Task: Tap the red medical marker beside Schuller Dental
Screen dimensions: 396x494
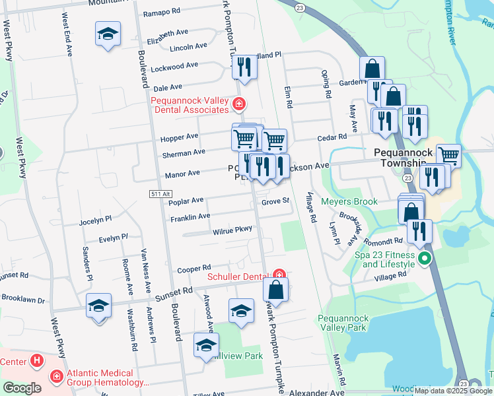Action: click(279, 275)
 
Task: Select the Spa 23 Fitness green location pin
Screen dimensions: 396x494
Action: click(425, 259)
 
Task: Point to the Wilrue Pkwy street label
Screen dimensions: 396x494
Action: click(232, 230)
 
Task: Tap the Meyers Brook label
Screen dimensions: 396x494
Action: click(349, 201)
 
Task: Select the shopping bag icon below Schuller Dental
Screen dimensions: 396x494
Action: click(276, 289)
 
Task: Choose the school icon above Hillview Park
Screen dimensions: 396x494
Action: click(241, 310)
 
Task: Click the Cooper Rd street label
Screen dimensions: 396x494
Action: click(194, 269)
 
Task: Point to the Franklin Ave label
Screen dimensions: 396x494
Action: click(190, 216)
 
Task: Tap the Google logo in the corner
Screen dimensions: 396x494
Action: click(22, 389)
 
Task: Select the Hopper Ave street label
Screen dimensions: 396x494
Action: click(178, 137)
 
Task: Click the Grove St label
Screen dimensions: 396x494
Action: click(275, 201)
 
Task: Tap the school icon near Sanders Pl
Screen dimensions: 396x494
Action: click(98, 306)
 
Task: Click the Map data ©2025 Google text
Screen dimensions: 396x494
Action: click(453, 391)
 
